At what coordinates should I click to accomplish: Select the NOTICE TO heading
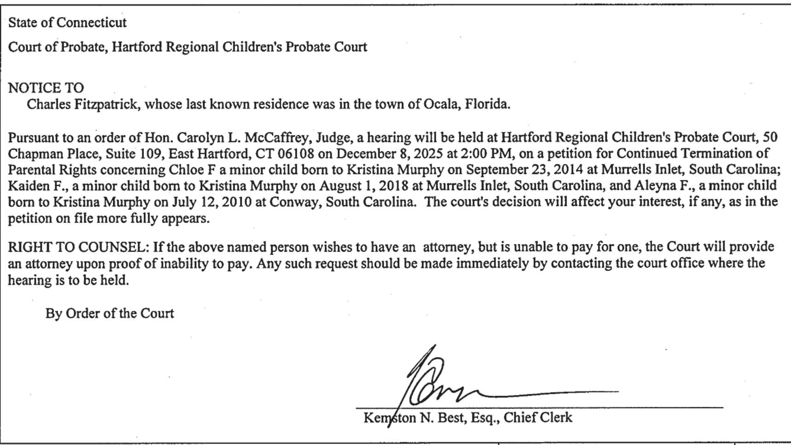pyautogui.click(x=46, y=88)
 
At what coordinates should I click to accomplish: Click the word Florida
pyautogui.click(x=487, y=104)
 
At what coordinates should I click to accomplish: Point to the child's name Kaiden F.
pyautogui.click(x=38, y=186)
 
